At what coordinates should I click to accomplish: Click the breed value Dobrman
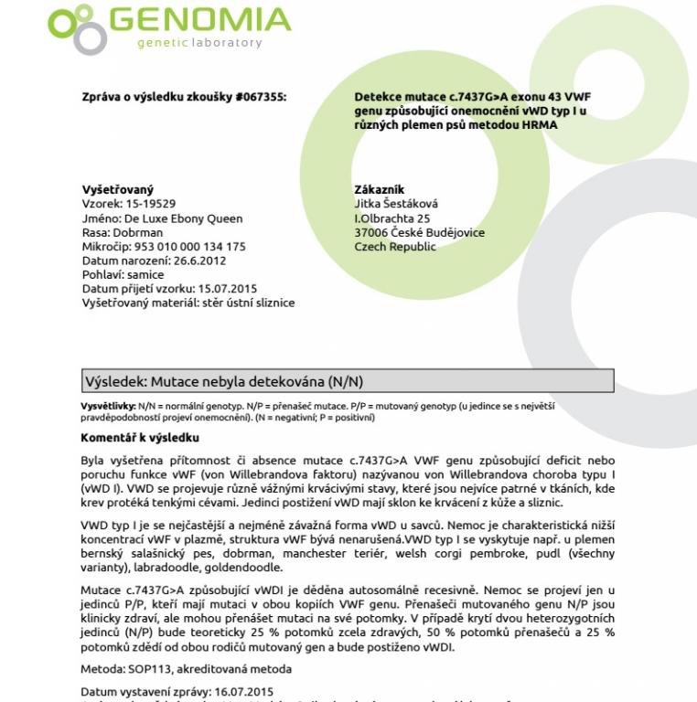pyautogui.click(x=136, y=232)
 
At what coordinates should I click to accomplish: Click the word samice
pyautogui.click(x=146, y=274)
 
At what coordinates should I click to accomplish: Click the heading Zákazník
pyautogui.click(x=379, y=189)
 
